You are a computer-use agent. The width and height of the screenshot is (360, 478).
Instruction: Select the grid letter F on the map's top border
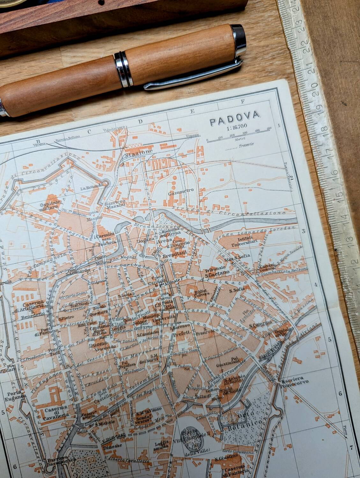[243, 102]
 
